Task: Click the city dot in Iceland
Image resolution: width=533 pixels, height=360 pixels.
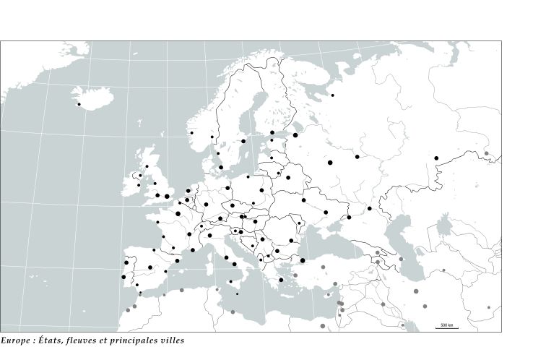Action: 79,105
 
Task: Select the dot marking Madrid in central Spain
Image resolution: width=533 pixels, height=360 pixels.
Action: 150,267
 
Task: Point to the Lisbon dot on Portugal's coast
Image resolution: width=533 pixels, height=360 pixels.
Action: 123,277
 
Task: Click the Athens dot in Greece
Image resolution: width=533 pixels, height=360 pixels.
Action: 281,280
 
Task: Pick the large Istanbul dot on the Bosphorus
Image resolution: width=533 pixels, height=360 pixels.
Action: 303,260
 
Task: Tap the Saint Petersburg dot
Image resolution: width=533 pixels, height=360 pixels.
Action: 295,135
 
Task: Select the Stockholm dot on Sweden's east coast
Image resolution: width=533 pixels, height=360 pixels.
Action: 243,141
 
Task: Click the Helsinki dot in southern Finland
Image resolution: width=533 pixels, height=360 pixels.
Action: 272,133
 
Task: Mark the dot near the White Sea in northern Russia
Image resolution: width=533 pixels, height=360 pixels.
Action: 333,95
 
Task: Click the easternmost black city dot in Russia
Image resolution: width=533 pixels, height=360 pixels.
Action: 436,158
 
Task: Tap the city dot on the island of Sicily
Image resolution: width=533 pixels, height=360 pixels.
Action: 230,282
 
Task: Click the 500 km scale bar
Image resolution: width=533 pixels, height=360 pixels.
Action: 446,327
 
